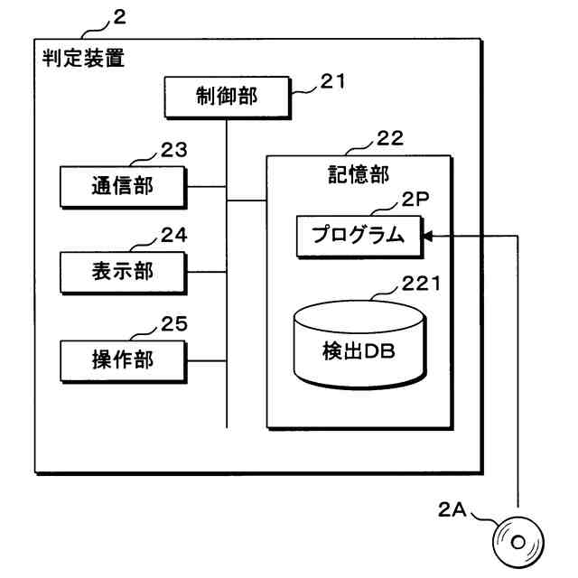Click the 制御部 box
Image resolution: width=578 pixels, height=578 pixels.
228,98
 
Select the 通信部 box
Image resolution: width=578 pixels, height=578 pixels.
124,187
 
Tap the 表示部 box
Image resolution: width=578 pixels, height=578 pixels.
124,273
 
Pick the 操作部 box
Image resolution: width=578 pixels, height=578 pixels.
124,361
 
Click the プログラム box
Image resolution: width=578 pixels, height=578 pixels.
359,237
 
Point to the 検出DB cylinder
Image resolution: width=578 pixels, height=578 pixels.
360,345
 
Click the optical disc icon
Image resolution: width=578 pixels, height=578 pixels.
518,542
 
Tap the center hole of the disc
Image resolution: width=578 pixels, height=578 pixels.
518,542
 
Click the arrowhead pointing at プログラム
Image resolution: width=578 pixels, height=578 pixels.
428,236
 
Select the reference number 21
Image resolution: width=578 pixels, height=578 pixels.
332,81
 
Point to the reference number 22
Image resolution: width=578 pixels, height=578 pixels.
390,138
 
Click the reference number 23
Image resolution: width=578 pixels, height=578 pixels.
174,151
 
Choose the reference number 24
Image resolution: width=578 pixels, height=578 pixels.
174,235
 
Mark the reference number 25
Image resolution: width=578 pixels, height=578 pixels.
174,324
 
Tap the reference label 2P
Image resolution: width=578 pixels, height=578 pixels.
415,200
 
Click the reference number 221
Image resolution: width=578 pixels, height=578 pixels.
421,284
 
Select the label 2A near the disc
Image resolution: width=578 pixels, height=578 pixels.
452,510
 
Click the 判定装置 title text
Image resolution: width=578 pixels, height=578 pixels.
83,58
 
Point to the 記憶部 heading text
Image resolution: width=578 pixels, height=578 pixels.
359,174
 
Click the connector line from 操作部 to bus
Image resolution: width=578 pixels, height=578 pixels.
207,361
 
